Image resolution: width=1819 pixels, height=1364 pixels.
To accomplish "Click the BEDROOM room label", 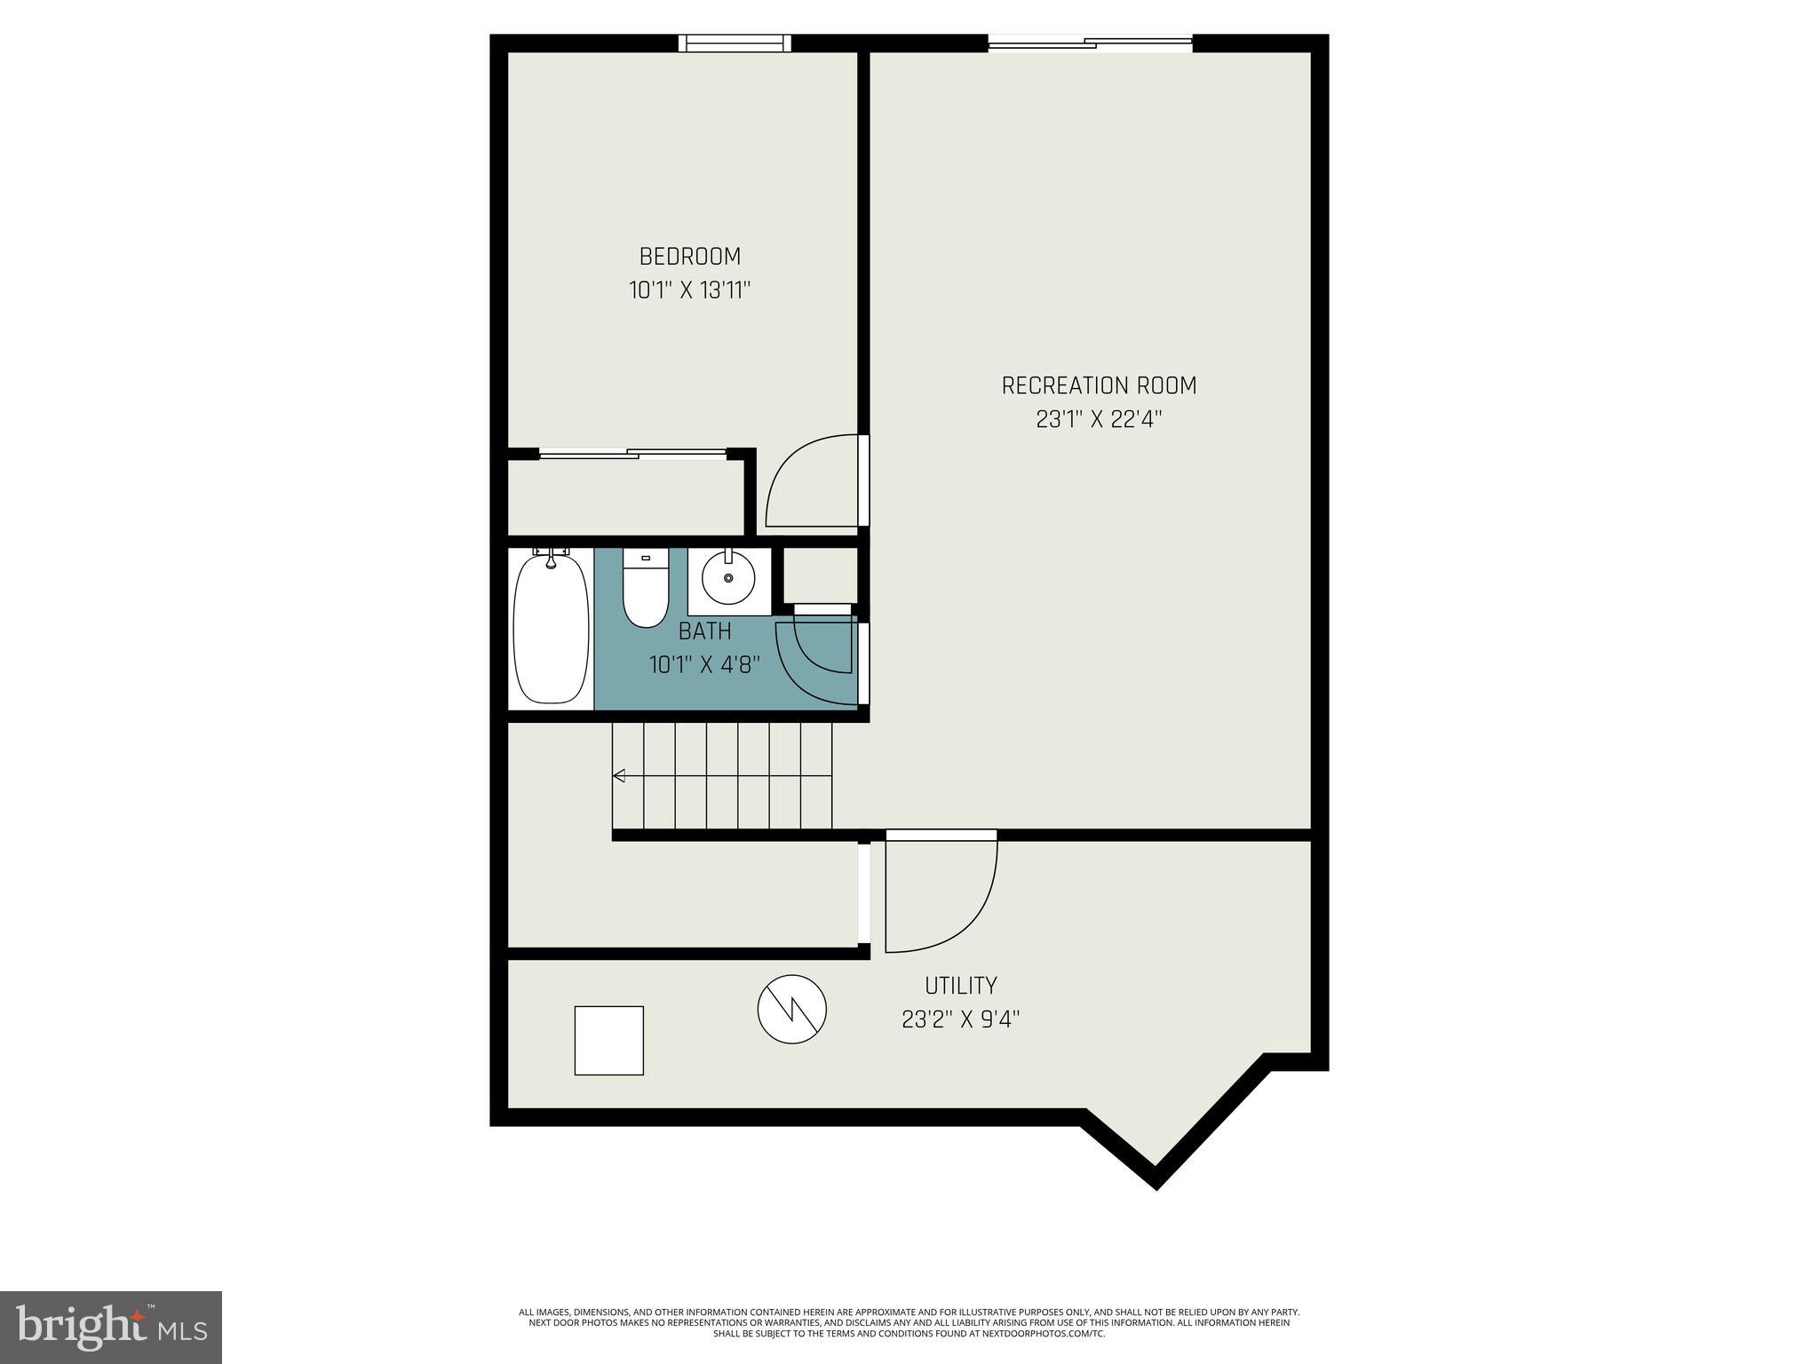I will pos(689,257).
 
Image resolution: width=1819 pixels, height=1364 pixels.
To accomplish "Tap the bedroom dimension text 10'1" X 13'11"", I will pos(690,290).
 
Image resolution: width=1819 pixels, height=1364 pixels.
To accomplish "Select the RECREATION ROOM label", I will pos(1099,385).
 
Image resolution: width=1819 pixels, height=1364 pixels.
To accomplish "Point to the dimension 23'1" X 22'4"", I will pos(1099,419).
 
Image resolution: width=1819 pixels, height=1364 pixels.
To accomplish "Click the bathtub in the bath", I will pos(551,630).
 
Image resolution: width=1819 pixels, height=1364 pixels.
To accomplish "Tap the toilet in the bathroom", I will pos(646,591).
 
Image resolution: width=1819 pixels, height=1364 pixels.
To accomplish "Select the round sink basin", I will pos(728,578).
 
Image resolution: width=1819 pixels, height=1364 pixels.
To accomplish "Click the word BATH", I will pos(704,631).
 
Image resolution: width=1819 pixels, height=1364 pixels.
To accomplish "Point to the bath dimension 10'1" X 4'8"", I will pos(704,664).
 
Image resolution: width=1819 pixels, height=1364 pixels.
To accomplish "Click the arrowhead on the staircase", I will pos(619,776).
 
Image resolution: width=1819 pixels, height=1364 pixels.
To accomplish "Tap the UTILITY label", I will pos(960,986).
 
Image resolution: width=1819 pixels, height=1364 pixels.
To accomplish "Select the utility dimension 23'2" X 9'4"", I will pos(960,1019).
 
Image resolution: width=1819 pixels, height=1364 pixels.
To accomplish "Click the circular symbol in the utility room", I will pos(791,1009).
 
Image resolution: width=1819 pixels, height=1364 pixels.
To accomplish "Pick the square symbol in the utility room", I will pos(608,1040).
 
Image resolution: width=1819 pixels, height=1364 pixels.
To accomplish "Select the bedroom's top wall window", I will pos(735,43).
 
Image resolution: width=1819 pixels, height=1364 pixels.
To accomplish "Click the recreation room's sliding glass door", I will pos(1090,42).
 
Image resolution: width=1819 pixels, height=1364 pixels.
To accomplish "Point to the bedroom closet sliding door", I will pos(632,454).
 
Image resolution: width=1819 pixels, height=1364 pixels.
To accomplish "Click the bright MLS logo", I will pos(110,1327).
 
